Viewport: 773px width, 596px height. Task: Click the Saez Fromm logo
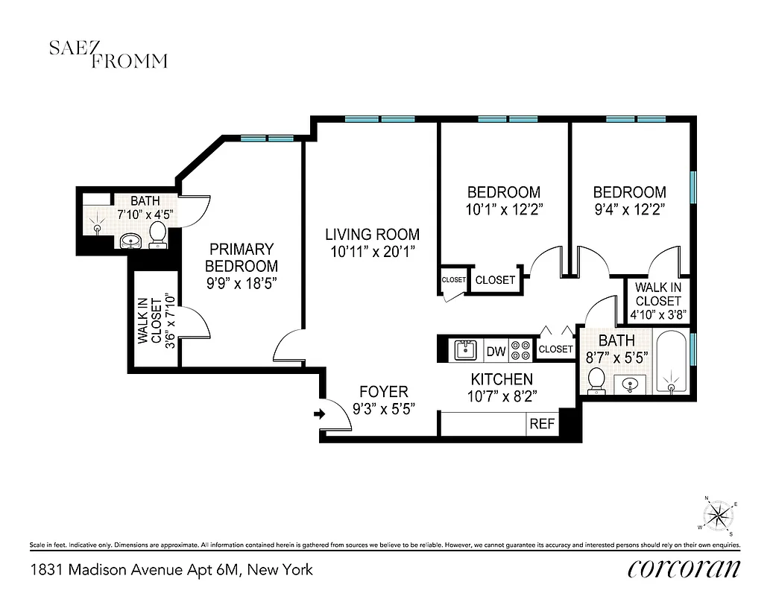[107, 54]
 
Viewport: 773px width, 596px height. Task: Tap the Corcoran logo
[684, 568]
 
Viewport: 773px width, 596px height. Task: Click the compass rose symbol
[719, 515]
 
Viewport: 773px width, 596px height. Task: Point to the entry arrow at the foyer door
[320, 413]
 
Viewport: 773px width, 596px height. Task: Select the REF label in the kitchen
[541, 424]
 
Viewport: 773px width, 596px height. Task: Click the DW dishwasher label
[495, 351]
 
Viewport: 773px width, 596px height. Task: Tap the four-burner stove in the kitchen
[521, 350]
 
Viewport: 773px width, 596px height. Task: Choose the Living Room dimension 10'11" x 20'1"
[371, 252]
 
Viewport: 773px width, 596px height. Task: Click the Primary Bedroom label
[241, 257]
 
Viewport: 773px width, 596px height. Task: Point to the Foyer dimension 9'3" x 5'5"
[383, 408]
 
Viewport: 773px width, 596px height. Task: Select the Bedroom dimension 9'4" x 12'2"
[629, 209]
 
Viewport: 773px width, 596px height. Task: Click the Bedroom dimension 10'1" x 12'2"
[503, 209]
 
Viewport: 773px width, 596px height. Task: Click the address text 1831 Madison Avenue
[171, 570]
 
